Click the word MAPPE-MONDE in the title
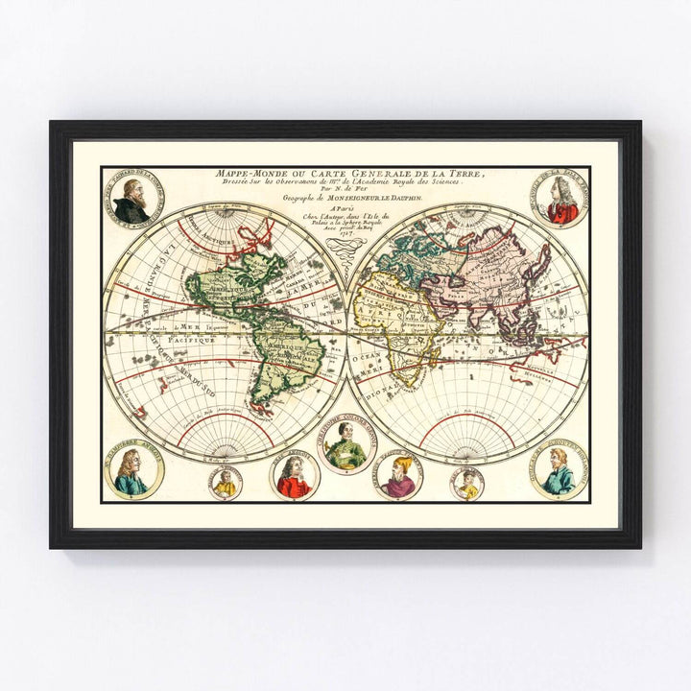click(x=248, y=173)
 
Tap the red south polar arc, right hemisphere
click(x=466, y=422)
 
